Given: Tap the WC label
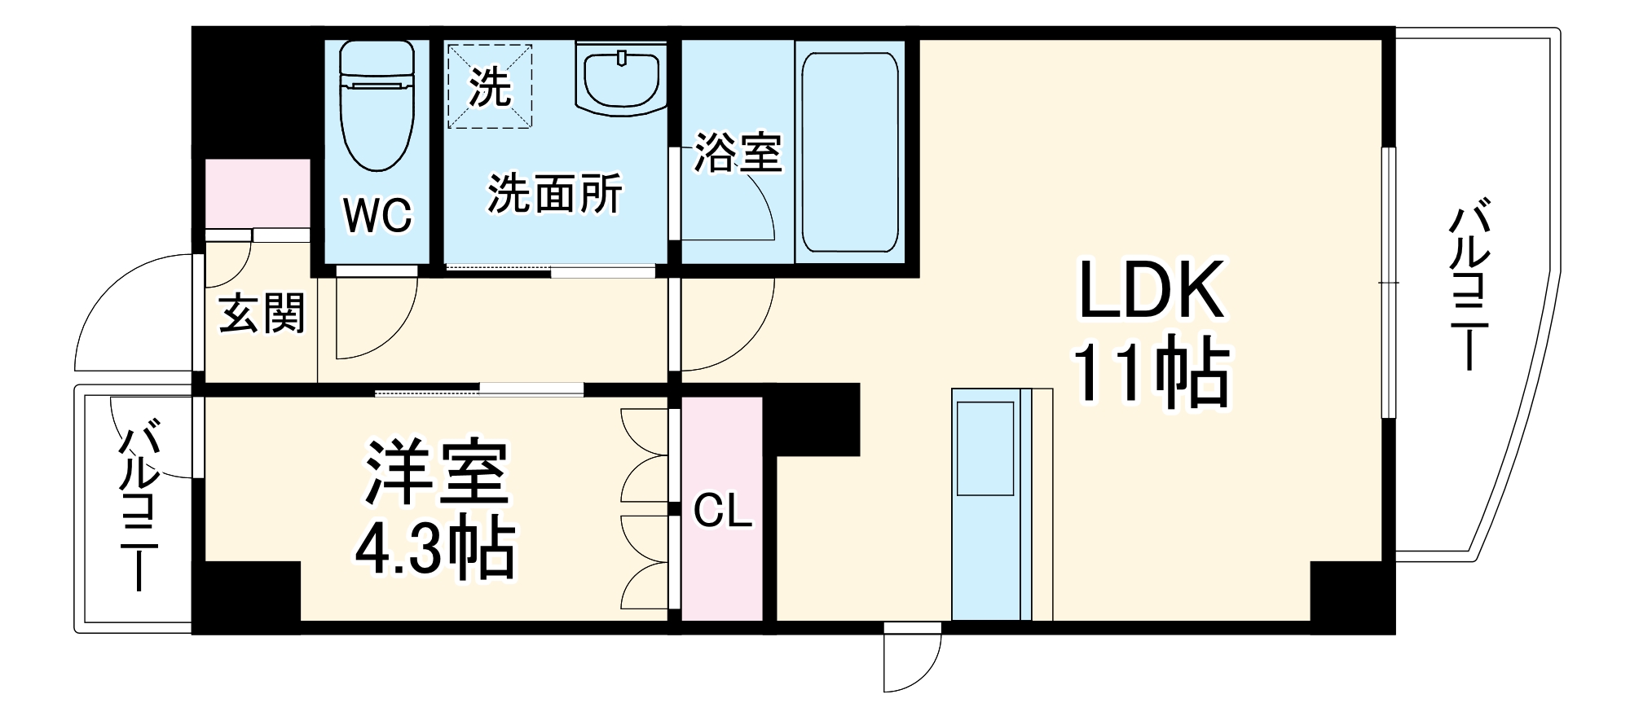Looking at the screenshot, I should point(377,215).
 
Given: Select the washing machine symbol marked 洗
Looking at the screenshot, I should point(490,86).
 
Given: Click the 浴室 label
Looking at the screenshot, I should point(738,152).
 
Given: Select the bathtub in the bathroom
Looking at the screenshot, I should point(849,152).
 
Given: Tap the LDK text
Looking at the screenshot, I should point(1152,291).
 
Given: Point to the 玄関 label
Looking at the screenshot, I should point(262,314).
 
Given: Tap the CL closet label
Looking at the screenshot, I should point(722,512).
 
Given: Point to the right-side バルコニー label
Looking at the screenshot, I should point(1469,285).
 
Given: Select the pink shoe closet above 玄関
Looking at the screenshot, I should point(257,194).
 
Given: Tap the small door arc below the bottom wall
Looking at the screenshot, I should point(913,660).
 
